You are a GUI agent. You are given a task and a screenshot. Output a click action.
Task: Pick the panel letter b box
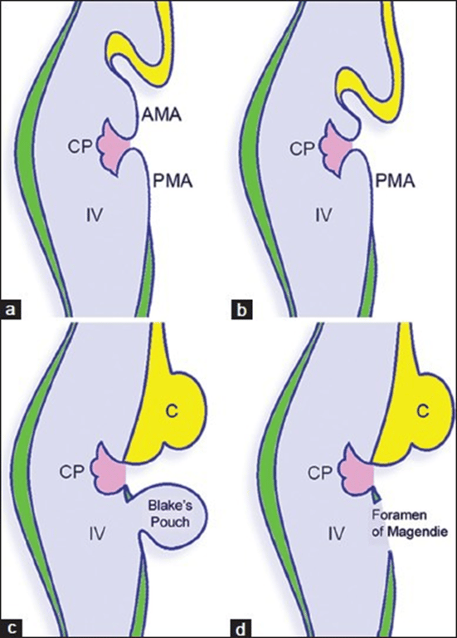click(239, 311)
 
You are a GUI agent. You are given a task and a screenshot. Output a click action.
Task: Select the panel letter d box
click(239, 626)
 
